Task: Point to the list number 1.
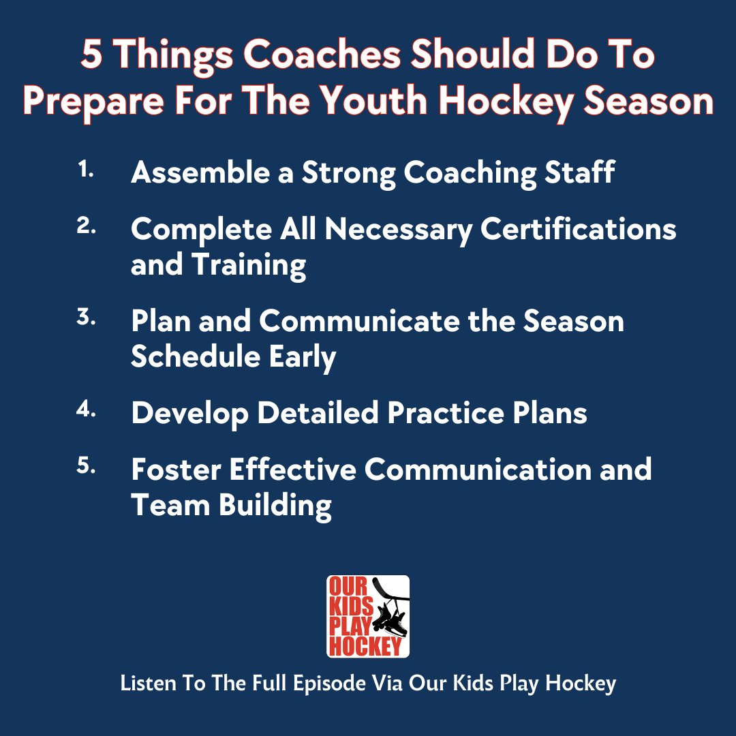click(x=85, y=171)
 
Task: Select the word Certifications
click(x=579, y=230)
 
